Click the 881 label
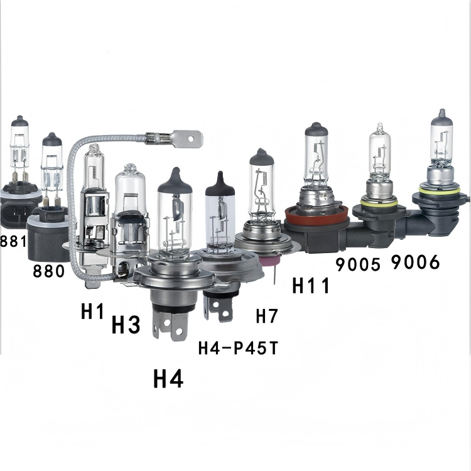tap(13, 241)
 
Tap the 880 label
tap(48, 271)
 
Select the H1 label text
tap(92, 311)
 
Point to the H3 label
tap(126, 325)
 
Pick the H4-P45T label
tap(238, 348)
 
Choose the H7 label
tap(267, 316)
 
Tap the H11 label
tap(311, 284)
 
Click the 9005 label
tap(358, 264)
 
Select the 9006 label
tap(416, 262)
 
